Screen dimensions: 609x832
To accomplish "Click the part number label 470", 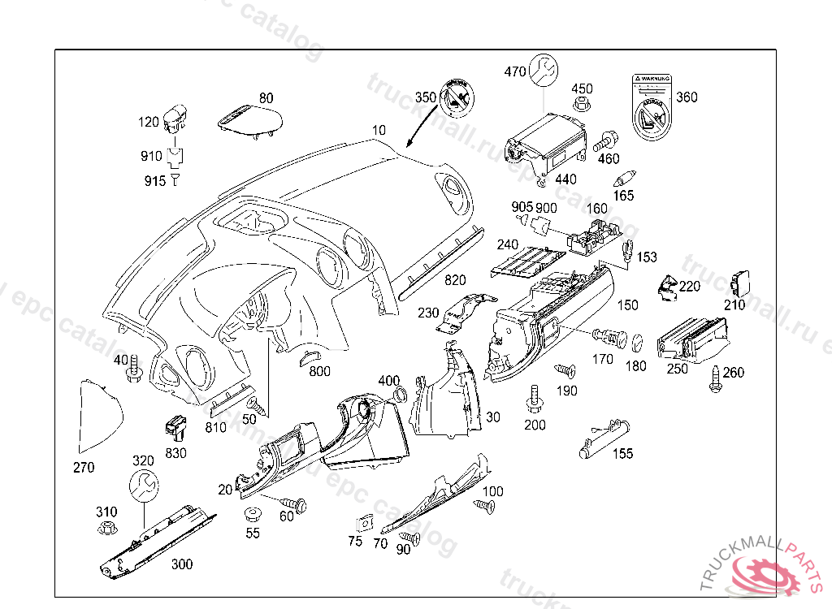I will point(515,71).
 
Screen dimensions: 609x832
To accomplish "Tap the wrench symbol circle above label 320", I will point(144,486).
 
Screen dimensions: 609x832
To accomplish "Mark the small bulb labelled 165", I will point(626,177).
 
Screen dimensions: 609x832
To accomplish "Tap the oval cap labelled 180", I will point(638,340).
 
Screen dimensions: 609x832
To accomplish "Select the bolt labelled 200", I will point(535,397).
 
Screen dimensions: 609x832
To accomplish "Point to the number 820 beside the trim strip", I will point(455,281).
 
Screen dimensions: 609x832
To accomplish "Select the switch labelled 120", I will point(175,117).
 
